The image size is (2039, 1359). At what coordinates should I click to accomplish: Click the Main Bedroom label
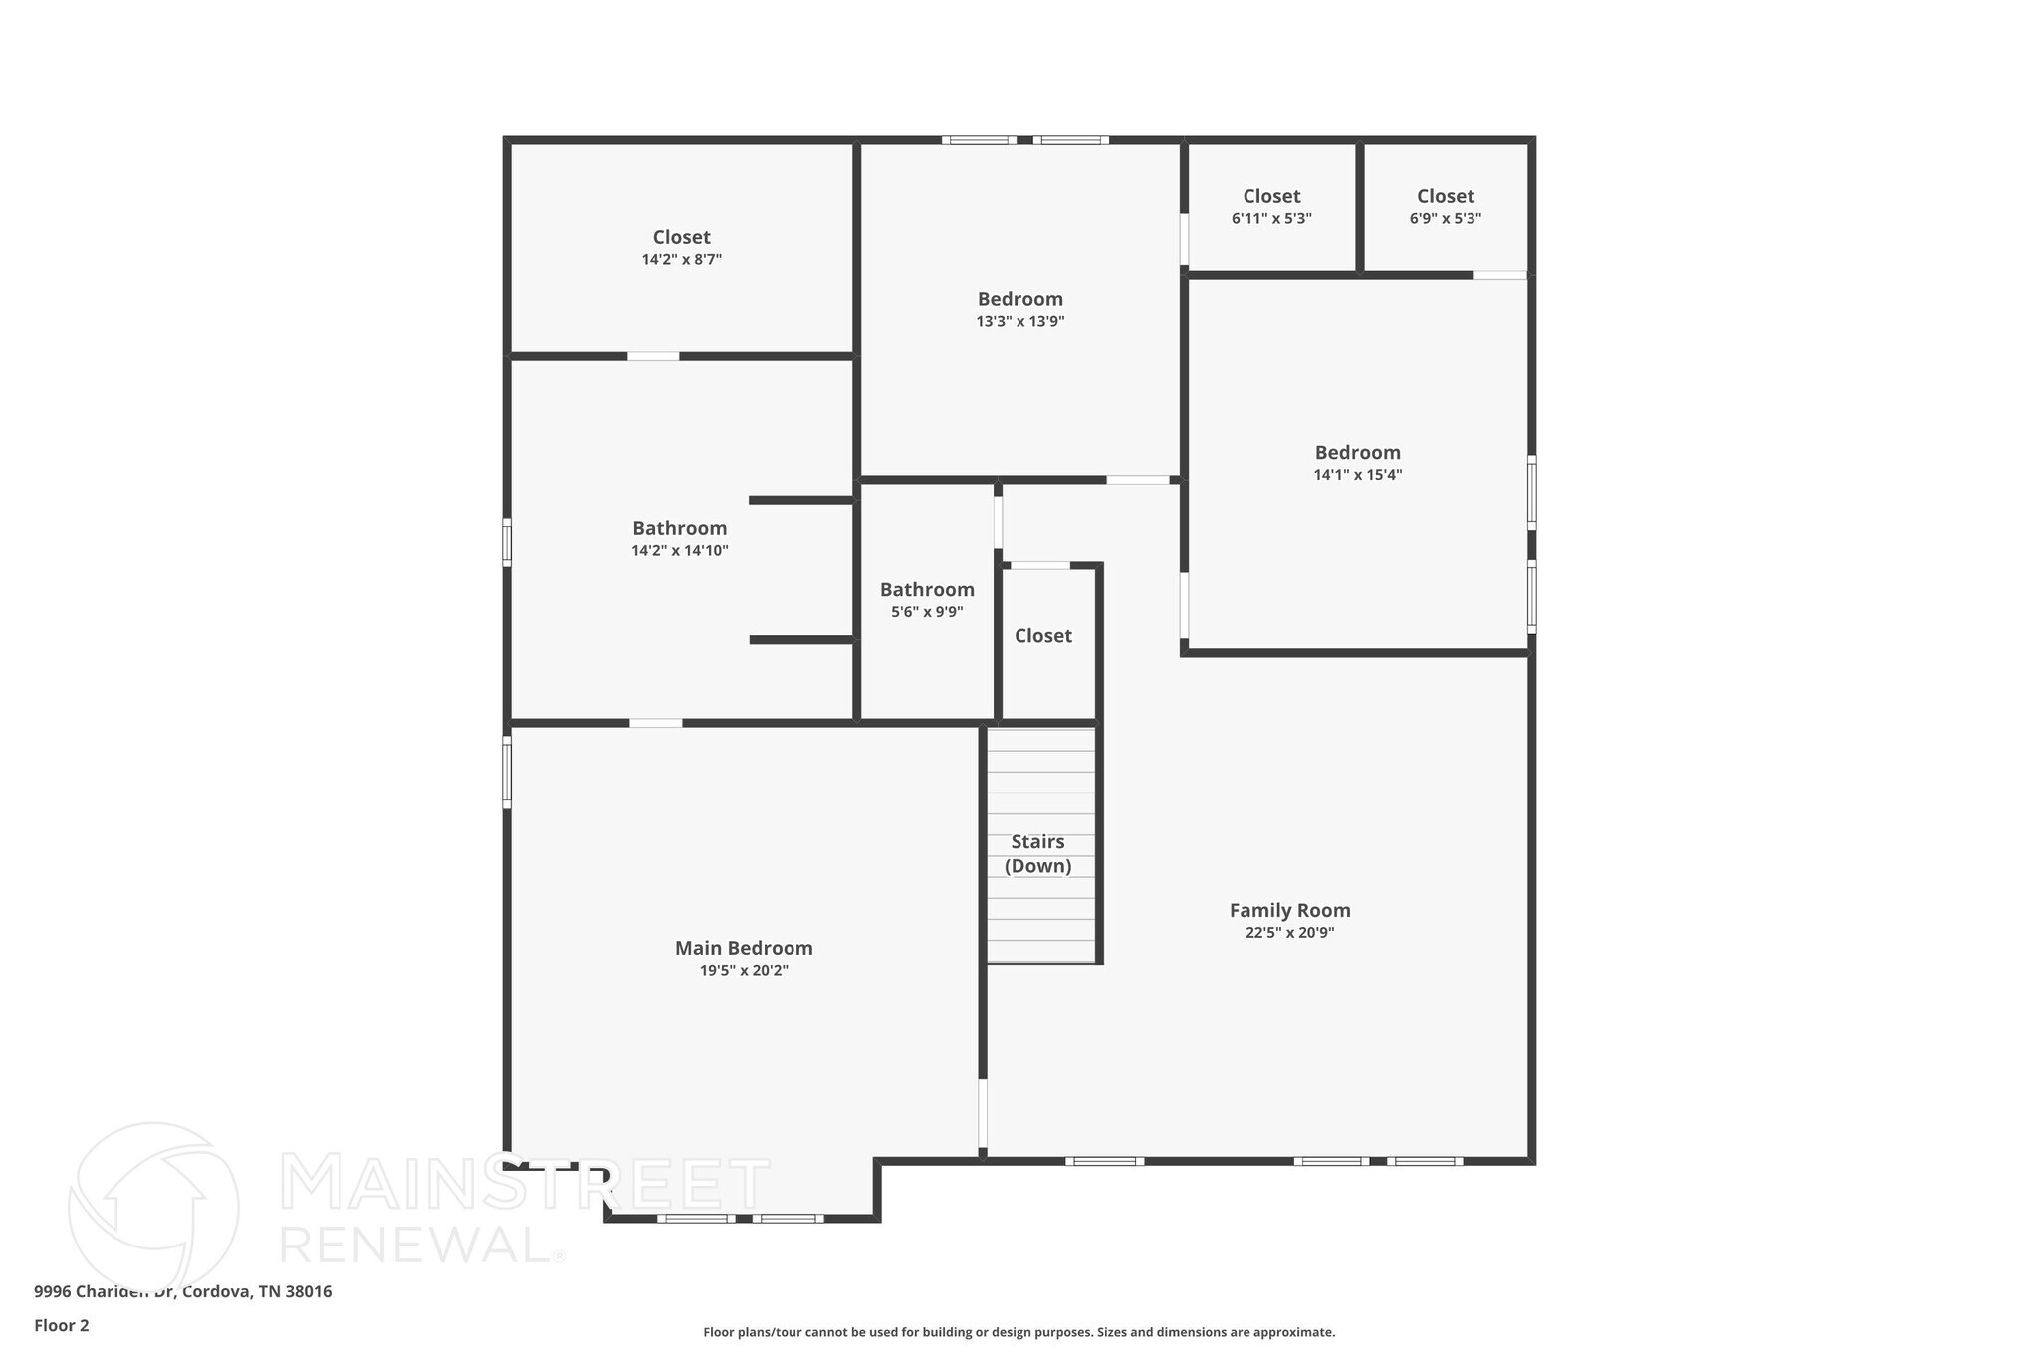[744, 948]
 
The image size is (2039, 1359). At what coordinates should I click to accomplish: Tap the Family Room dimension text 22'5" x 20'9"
[1289, 933]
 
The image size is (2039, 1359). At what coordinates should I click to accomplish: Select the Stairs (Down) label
[1037, 854]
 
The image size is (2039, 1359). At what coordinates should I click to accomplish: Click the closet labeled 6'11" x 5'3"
[1271, 206]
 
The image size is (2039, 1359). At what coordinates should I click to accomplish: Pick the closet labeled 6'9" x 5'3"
[1445, 206]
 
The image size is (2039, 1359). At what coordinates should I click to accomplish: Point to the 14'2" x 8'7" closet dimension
[681, 260]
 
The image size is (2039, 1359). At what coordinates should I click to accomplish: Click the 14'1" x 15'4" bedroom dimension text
[1357, 475]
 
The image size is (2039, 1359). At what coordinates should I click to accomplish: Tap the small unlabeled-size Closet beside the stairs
[1042, 636]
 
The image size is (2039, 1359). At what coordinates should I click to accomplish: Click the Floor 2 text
[62, 1325]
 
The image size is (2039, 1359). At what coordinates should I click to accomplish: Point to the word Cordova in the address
[217, 1291]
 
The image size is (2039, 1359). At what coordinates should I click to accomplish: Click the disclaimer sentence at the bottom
[1019, 1332]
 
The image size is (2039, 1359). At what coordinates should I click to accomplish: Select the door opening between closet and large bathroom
[653, 356]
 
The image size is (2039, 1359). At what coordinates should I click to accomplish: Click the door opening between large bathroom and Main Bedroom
[655, 723]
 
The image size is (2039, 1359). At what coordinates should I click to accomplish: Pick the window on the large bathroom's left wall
[507, 543]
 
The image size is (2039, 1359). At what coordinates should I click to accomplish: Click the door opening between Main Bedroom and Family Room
[983, 1114]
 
